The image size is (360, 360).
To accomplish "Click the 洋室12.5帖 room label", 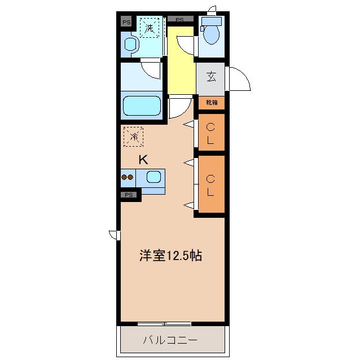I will tap(171, 256).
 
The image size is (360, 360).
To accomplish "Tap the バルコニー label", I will tap(170, 340).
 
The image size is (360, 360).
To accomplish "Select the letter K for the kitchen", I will tap(143, 160).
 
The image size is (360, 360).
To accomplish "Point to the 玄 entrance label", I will tap(211, 76).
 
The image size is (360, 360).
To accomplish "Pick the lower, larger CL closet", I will tap(210, 185).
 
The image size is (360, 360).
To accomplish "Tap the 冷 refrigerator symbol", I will tap(134, 137).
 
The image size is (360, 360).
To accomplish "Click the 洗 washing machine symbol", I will tap(150, 28).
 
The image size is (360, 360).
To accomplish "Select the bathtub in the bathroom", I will tap(142, 106).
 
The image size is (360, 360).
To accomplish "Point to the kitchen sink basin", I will tap(154, 177).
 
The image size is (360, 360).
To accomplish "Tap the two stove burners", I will tap(128, 177).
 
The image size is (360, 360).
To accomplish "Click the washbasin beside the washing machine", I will tap(130, 45).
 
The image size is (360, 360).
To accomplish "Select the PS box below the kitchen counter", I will tap(129, 195).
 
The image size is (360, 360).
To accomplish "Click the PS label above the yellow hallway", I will tap(180, 20).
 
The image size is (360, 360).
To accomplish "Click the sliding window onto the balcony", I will tap(164, 324).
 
